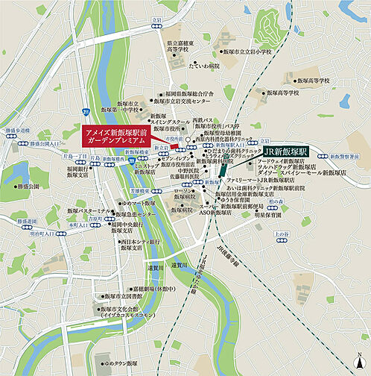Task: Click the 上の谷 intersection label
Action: pos(282,234)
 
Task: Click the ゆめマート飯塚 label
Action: pos(139,202)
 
